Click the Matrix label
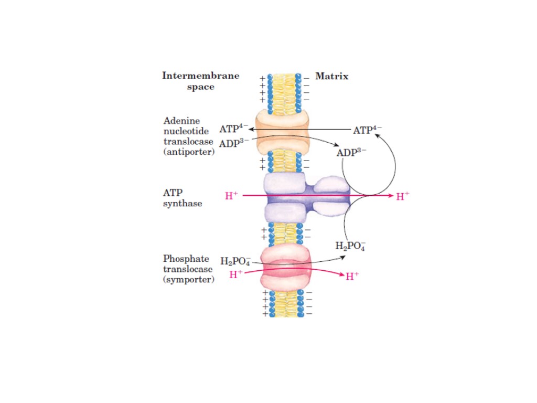(331, 77)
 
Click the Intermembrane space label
(200, 81)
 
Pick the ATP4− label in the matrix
(367, 130)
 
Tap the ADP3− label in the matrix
(351, 153)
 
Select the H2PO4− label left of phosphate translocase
(235, 261)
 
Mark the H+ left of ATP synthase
(231, 196)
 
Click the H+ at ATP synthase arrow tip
(402, 197)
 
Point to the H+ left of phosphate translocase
(235, 273)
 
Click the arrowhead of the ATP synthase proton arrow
(390, 196)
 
